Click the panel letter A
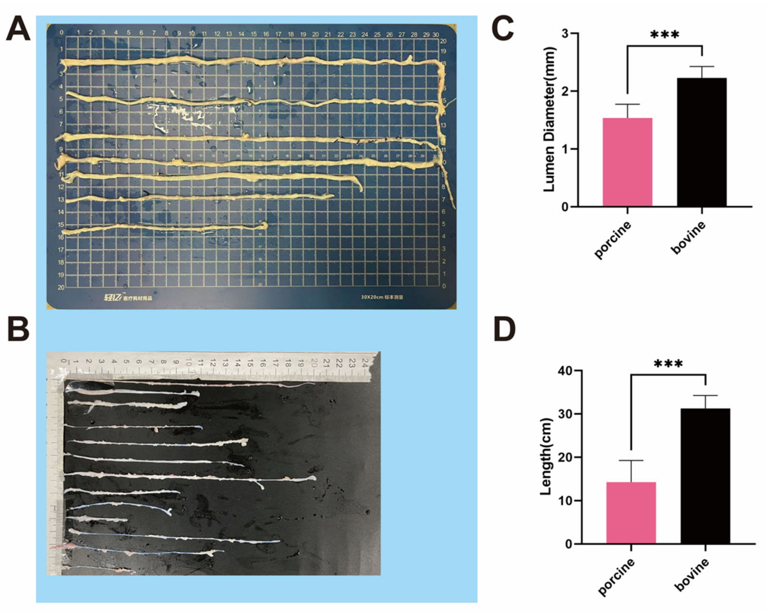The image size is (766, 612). tap(18, 30)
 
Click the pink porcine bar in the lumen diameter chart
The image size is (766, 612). tap(627, 162)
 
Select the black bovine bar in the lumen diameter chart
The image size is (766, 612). tap(702, 142)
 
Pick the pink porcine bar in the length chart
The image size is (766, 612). tap(631, 513)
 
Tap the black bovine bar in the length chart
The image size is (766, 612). tap(705, 476)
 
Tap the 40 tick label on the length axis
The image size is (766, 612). tap(561, 371)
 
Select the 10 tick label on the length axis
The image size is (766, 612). tap(561, 501)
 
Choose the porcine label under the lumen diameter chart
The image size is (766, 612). tap(613, 240)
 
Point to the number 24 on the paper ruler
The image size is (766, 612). tap(364, 363)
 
